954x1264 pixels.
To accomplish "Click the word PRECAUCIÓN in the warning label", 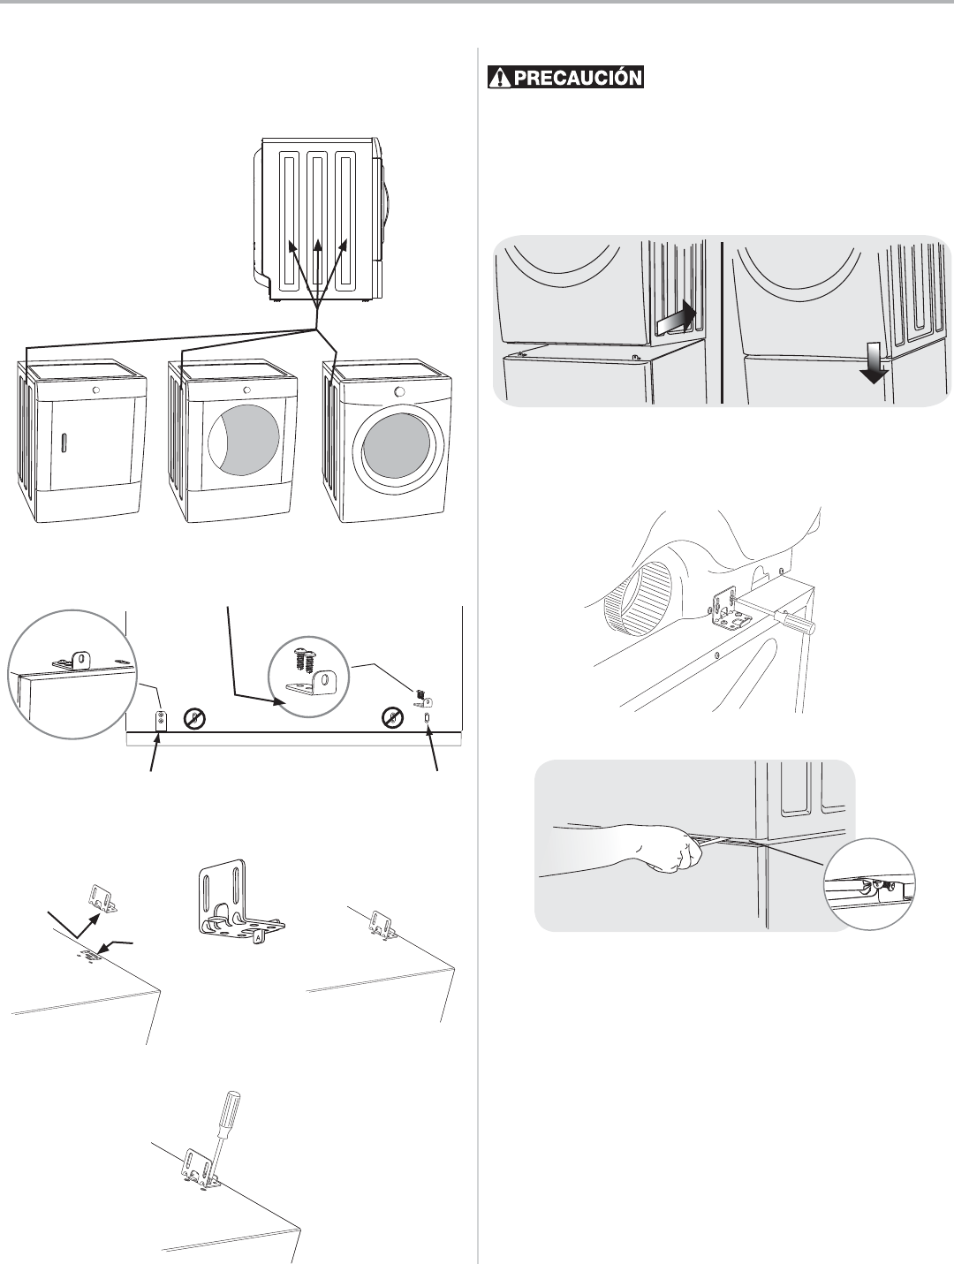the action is click(x=578, y=78).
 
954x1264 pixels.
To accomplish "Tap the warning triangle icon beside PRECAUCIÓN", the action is click(x=500, y=78).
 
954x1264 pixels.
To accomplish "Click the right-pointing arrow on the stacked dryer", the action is click(x=677, y=318).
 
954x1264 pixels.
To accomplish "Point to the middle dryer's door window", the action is click(x=244, y=436).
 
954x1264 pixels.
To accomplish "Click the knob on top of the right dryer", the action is click(x=398, y=391).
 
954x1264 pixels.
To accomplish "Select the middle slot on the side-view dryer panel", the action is click(x=316, y=221).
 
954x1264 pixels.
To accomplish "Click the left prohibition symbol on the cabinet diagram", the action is click(x=194, y=718).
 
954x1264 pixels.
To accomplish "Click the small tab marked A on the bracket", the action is click(x=259, y=937).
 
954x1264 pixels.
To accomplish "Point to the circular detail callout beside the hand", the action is click(x=869, y=884).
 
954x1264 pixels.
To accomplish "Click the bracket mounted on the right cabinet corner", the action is click(x=382, y=923).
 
